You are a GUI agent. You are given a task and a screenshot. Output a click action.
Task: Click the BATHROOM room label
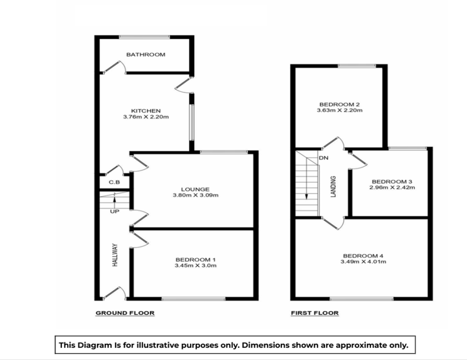click(x=145, y=55)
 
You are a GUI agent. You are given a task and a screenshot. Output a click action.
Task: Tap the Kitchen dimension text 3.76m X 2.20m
click(x=146, y=117)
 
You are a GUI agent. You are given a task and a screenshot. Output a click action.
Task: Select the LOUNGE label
click(x=195, y=189)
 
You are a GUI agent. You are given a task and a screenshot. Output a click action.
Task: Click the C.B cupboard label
click(x=114, y=183)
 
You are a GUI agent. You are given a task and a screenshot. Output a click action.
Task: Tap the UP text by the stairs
click(x=114, y=211)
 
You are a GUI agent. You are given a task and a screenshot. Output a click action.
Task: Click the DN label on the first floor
click(x=324, y=158)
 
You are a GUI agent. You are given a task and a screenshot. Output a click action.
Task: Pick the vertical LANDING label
click(x=333, y=187)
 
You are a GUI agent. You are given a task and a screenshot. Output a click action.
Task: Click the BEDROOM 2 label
click(x=339, y=104)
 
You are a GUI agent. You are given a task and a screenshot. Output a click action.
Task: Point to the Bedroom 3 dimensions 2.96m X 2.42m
click(x=392, y=187)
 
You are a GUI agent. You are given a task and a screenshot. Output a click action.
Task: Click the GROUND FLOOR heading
click(x=125, y=313)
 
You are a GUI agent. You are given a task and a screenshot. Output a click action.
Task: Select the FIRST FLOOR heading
click(x=315, y=313)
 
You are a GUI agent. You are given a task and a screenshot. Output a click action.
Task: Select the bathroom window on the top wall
click(x=144, y=37)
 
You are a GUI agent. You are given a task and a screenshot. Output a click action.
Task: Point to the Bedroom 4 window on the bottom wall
click(x=362, y=299)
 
